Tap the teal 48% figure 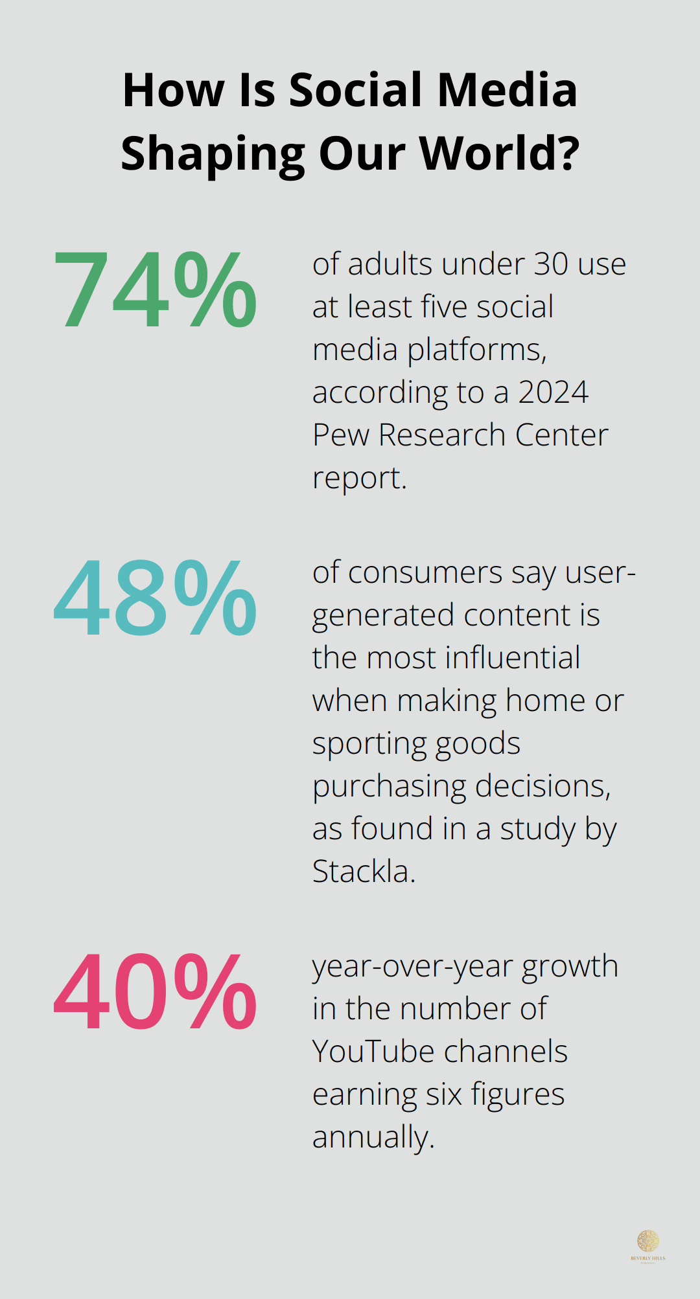[x=155, y=599]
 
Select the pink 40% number [x=155, y=992]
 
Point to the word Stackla [x=363, y=871]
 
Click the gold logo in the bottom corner [x=648, y=1243]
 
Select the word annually [x=373, y=1138]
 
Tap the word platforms [x=477, y=350]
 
